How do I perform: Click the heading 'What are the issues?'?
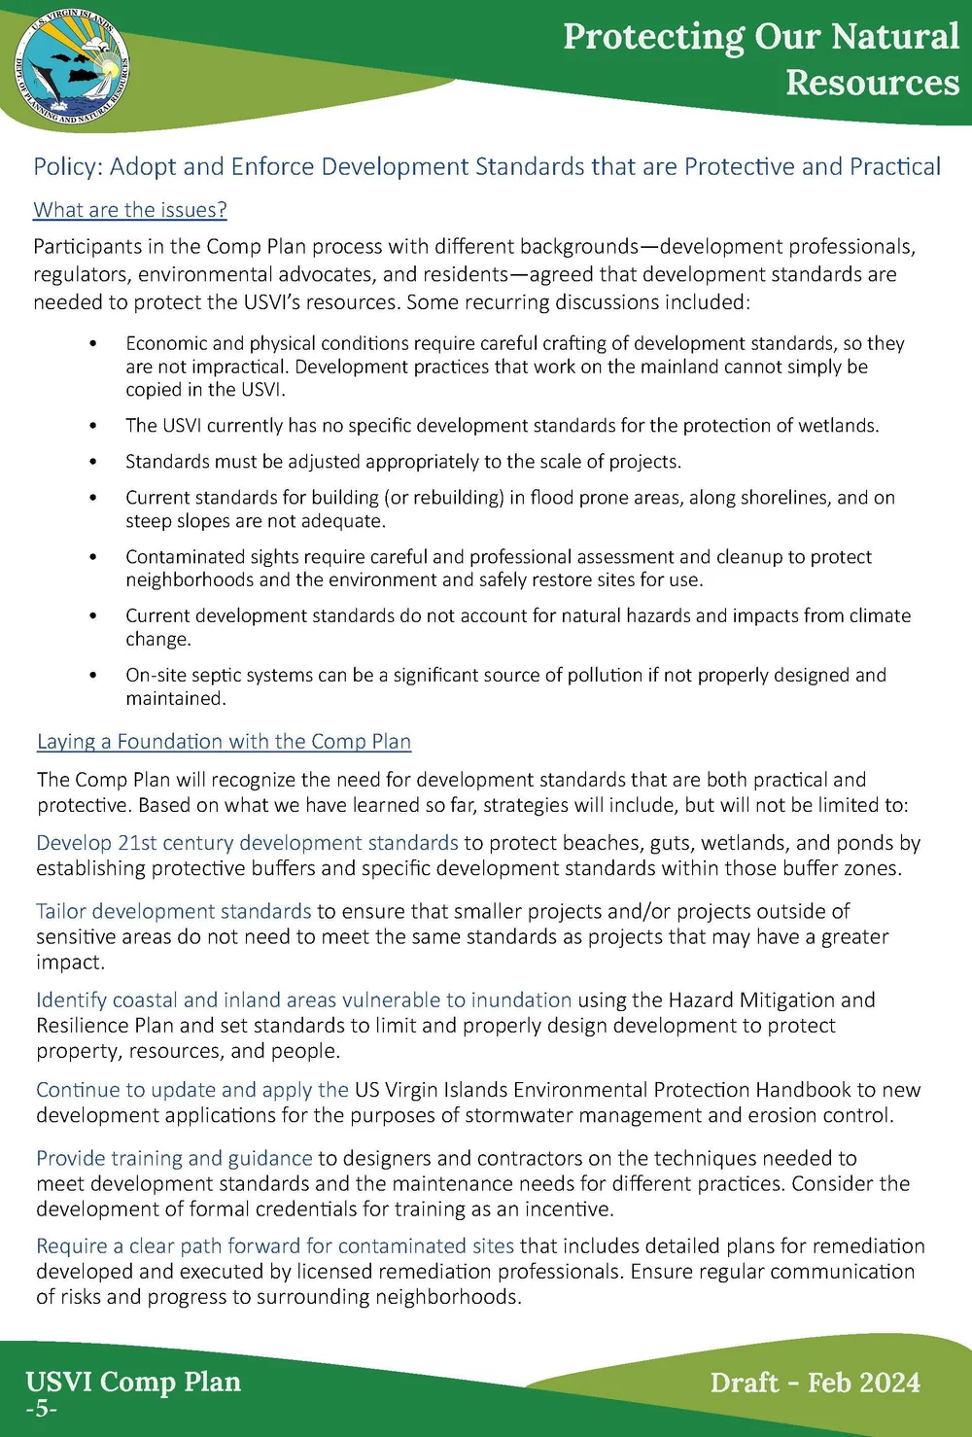coord(130,210)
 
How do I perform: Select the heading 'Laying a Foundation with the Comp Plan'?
coord(224,742)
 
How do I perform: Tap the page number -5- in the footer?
coord(42,1409)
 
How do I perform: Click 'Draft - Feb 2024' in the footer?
coord(815,1383)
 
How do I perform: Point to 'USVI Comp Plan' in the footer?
coord(133,1382)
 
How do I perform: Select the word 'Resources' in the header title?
coord(872,84)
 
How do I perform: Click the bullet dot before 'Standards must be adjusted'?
coord(93,462)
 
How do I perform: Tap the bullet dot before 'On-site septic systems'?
coord(93,676)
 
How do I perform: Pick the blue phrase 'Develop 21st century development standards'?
coord(247,843)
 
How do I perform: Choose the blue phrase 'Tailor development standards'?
coord(174,911)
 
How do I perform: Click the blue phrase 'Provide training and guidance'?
coord(174,1158)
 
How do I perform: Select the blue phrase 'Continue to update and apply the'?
coord(192,1090)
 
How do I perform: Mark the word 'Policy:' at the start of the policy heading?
coord(68,167)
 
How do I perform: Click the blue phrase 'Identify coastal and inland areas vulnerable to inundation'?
coord(303,1000)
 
